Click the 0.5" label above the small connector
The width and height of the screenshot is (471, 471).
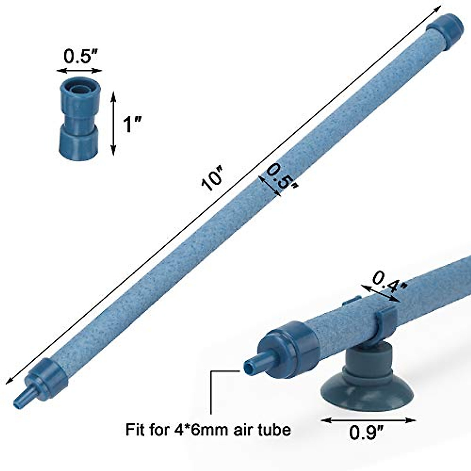[x=80, y=57]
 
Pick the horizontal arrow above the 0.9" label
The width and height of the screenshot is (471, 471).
[x=369, y=420]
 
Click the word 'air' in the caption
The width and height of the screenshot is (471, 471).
[x=245, y=430]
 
